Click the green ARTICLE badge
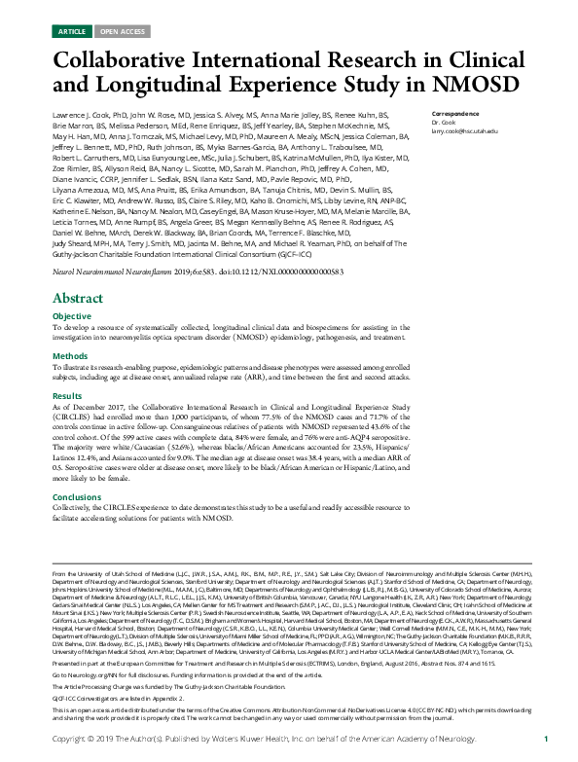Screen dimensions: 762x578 (71, 31)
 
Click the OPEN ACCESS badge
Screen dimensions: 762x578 (119, 31)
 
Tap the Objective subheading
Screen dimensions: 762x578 (71, 317)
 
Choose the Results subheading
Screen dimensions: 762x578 (66, 396)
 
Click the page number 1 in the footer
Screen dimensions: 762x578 (546, 740)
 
